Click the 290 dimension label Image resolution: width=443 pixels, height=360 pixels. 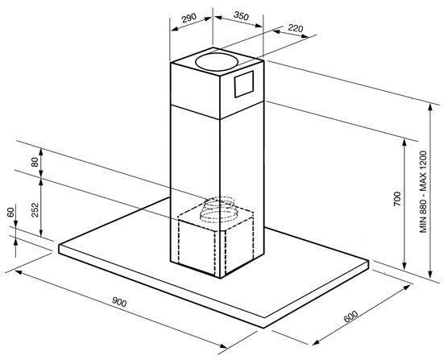[189, 18]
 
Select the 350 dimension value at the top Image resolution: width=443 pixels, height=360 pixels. [242, 16]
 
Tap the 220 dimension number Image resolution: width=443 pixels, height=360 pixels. [296, 28]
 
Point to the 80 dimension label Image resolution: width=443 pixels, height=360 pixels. [35, 162]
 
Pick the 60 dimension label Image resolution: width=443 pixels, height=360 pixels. [10, 212]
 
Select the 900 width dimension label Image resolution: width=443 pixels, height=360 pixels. [119, 302]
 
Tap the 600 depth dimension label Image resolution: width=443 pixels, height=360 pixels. [350, 317]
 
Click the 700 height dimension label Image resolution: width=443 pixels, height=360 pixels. [397, 199]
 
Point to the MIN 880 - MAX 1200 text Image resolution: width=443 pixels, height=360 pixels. [423, 192]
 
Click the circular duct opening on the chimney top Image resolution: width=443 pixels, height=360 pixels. [217, 61]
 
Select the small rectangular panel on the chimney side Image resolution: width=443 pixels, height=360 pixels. [243, 85]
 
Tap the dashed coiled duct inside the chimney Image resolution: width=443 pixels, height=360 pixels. [217, 209]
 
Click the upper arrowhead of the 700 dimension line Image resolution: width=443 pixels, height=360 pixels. [404, 143]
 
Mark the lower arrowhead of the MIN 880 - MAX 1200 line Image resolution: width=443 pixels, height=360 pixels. [430, 273]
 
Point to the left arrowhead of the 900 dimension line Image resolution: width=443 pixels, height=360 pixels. [19, 272]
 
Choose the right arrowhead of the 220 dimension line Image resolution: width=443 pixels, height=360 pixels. [304, 36]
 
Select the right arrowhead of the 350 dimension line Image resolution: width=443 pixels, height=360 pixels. [259, 26]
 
